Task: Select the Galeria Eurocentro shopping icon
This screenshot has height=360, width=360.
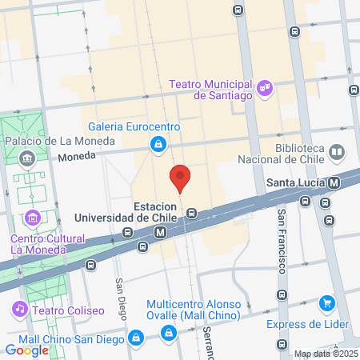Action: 158,144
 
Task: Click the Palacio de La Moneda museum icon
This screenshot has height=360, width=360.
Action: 29,158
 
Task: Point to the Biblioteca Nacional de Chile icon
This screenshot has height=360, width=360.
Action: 337,151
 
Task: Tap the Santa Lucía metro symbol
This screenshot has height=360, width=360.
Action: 334,183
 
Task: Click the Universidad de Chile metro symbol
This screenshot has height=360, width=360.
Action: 161,232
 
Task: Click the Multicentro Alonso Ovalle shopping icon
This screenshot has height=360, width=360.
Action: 167,333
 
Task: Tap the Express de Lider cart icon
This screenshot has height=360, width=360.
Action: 326,303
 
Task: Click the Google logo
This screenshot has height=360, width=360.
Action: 27,350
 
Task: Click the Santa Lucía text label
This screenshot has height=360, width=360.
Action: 295,183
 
